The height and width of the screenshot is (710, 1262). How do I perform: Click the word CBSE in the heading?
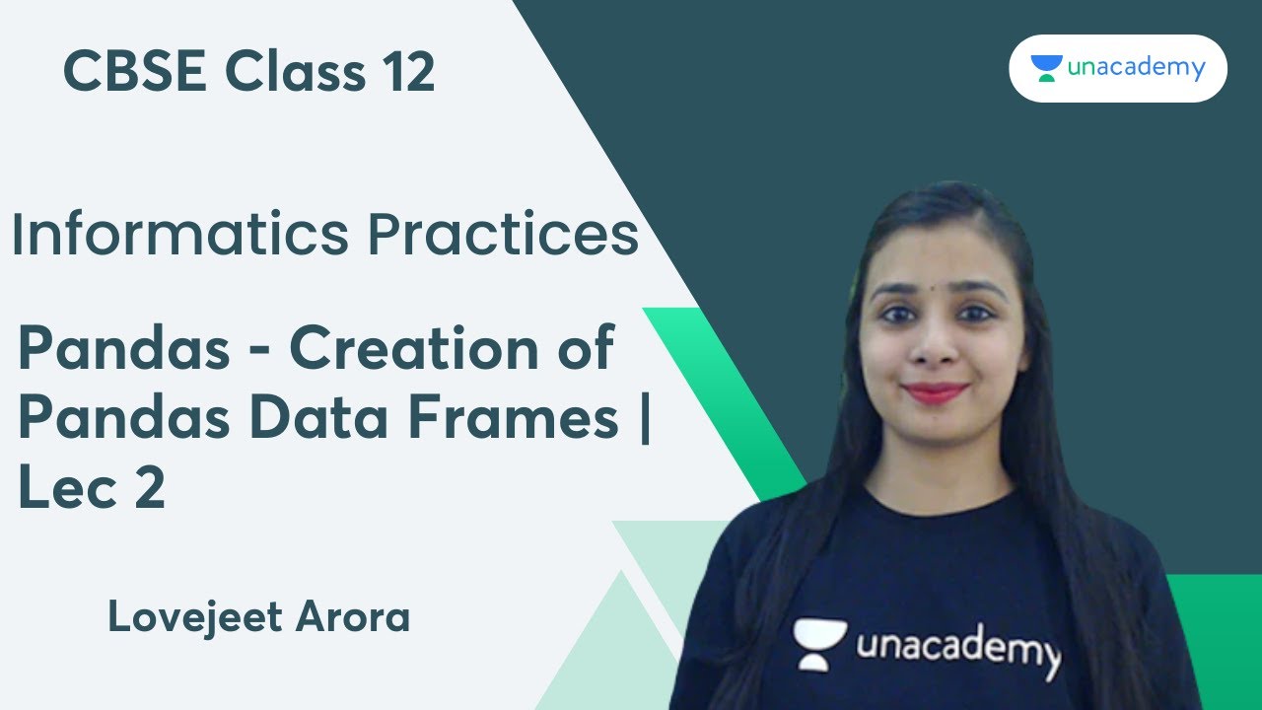(x=135, y=73)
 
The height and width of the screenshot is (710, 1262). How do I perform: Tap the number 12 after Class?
(x=404, y=73)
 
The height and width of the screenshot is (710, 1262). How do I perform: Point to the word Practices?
(x=502, y=235)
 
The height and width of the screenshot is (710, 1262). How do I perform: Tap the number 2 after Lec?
(x=150, y=490)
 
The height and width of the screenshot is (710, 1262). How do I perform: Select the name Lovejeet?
(x=185, y=618)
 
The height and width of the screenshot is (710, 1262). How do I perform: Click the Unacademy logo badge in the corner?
(x=1117, y=68)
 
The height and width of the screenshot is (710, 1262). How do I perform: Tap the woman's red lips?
(x=935, y=391)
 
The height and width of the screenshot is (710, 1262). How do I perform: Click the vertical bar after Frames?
(x=646, y=420)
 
